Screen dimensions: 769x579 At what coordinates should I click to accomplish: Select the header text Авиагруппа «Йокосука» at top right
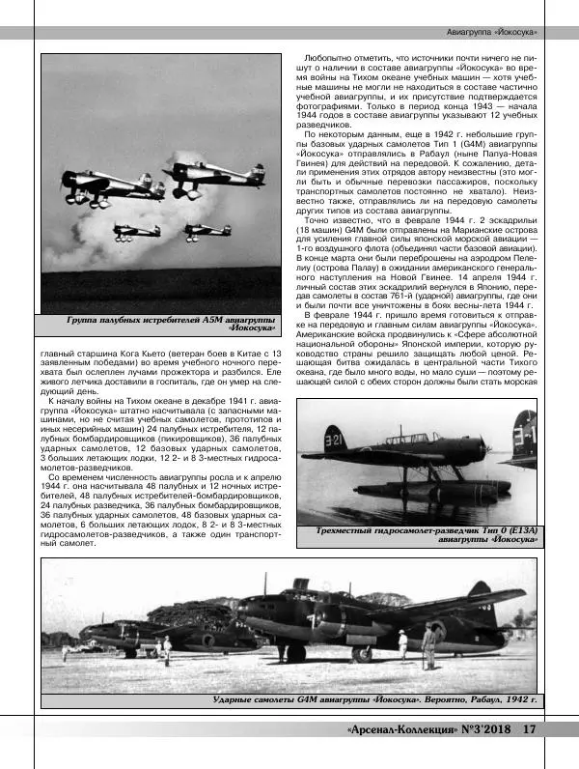click(493, 33)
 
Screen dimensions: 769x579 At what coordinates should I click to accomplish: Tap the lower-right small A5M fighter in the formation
click(206, 231)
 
